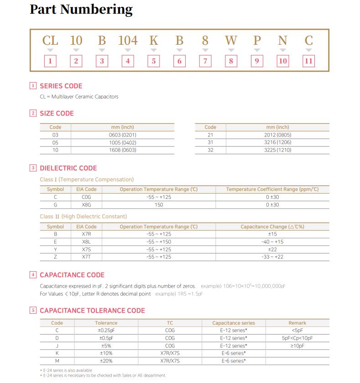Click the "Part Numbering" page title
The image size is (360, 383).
tap(81, 10)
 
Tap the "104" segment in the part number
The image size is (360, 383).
tap(128, 41)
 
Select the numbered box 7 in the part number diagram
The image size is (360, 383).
tap(206, 61)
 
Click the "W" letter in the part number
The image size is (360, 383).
tap(231, 41)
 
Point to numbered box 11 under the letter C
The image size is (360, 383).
tap(309, 61)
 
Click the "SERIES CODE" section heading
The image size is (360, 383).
tap(61, 86)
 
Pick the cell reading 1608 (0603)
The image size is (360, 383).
tap(123, 150)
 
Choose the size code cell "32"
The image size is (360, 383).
tap(210, 150)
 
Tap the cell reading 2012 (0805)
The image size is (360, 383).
tap(277, 135)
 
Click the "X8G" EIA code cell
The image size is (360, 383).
tap(86, 205)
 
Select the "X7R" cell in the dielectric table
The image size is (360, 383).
tap(86, 234)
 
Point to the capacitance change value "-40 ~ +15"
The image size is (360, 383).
tap(272, 242)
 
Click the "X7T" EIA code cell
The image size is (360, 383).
tap(86, 257)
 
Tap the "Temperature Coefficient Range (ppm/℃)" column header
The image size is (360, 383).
tap(272, 189)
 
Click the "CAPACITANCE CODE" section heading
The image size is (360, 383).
tap(72, 275)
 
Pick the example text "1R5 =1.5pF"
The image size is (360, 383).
tap(179, 294)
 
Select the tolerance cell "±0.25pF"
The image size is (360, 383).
tap(106, 331)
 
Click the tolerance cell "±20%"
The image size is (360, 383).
tap(106, 361)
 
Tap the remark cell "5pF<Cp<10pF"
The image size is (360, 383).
tap(297, 338)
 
